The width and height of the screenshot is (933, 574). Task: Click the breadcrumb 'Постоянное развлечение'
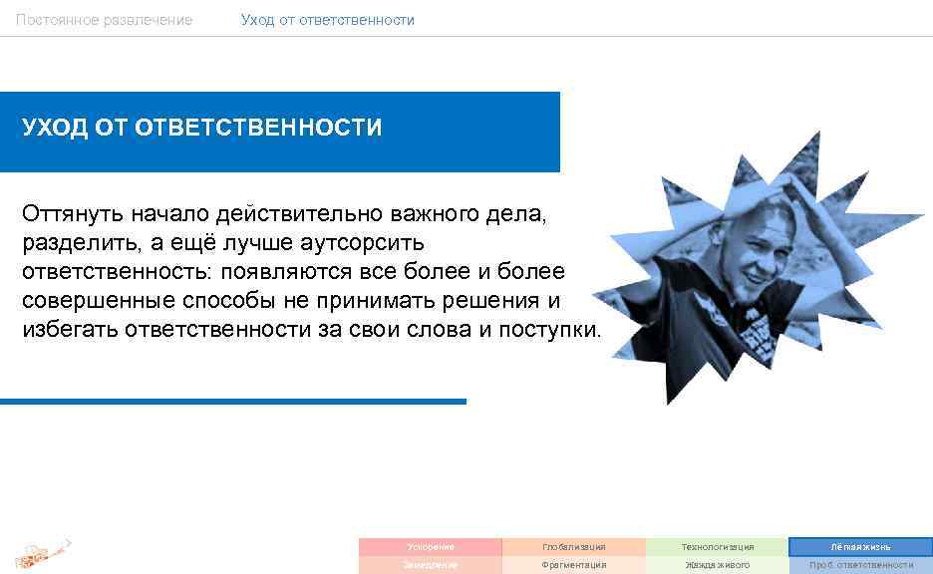pos(104,20)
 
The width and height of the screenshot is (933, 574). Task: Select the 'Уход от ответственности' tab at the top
pos(327,20)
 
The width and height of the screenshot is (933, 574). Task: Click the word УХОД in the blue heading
pos(55,129)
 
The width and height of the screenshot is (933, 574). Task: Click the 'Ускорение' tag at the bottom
pos(431,547)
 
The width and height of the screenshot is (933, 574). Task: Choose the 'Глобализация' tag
pos(574,547)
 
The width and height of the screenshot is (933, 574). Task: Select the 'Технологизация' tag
pos(718,547)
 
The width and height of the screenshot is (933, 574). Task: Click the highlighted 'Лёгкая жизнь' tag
pos(861,547)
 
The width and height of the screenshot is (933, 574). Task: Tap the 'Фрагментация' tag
pos(574,565)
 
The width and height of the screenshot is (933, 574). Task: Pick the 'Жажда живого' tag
pos(718,565)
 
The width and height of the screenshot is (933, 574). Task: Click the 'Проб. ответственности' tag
pos(861,565)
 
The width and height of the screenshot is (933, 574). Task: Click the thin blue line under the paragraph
pos(233,402)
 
